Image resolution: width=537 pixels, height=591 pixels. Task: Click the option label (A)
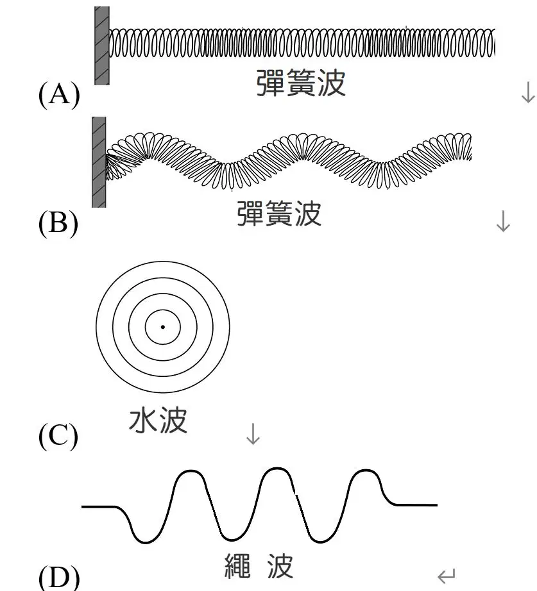(x=59, y=94)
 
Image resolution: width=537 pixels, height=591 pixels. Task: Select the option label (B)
(x=58, y=223)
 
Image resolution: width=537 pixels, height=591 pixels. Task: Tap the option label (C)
(x=58, y=436)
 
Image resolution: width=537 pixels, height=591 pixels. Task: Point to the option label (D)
(x=59, y=578)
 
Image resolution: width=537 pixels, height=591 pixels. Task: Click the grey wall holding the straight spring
(x=102, y=46)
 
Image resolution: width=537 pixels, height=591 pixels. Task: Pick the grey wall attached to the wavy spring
(x=99, y=162)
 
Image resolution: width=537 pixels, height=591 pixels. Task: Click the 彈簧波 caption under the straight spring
(x=301, y=83)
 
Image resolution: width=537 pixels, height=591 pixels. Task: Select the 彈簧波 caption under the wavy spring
(x=279, y=213)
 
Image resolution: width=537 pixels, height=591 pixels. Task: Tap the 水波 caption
(x=158, y=420)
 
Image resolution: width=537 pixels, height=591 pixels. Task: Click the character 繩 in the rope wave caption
(x=237, y=566)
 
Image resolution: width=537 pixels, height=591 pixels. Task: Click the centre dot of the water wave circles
(x=163, y=327)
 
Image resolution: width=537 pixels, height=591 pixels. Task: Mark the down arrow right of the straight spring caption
(x=528, y=92)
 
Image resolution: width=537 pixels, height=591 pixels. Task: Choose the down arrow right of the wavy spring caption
(x=503, y=221)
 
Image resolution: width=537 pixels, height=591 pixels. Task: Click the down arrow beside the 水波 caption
(x=253, y=434)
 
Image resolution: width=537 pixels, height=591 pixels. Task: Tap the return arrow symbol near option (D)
(x=447, y=575)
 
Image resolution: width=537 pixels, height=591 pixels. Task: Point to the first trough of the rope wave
(x=145, y=542)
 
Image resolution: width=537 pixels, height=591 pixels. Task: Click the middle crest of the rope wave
(x=277, y=469)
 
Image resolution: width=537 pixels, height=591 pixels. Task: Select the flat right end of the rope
(x=415, y=504)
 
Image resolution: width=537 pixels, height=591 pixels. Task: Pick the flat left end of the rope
(x=99, y=507)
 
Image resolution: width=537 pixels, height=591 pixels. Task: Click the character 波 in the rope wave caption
(x=280, y=566)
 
